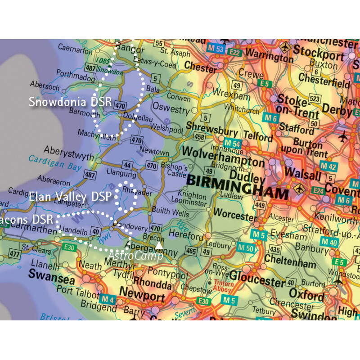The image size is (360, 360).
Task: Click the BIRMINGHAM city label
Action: click(237, 187)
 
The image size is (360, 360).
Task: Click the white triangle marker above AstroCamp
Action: click(159, 245)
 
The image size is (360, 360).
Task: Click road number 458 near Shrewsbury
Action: click(199, 136)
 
